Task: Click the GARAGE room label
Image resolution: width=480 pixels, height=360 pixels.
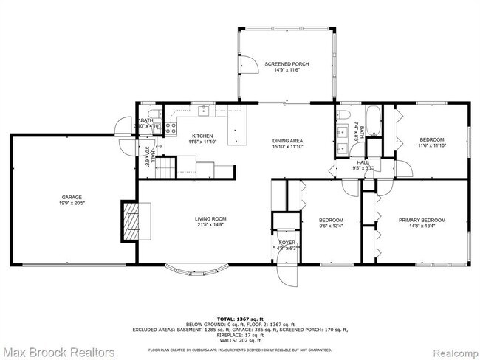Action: (x=72, y=197)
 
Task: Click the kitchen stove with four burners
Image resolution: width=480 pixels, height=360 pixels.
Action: (x=169, y=127)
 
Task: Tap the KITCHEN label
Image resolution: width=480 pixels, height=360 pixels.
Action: (x=202, y=136)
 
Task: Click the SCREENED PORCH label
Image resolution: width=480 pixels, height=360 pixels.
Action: (x=287, y=64)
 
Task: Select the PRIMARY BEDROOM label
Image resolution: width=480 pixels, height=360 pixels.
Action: (x=422, y=220)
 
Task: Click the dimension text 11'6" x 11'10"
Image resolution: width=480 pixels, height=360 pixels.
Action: (x=432, y=145)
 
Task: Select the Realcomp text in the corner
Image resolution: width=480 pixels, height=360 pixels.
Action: (x=450, y=347)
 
